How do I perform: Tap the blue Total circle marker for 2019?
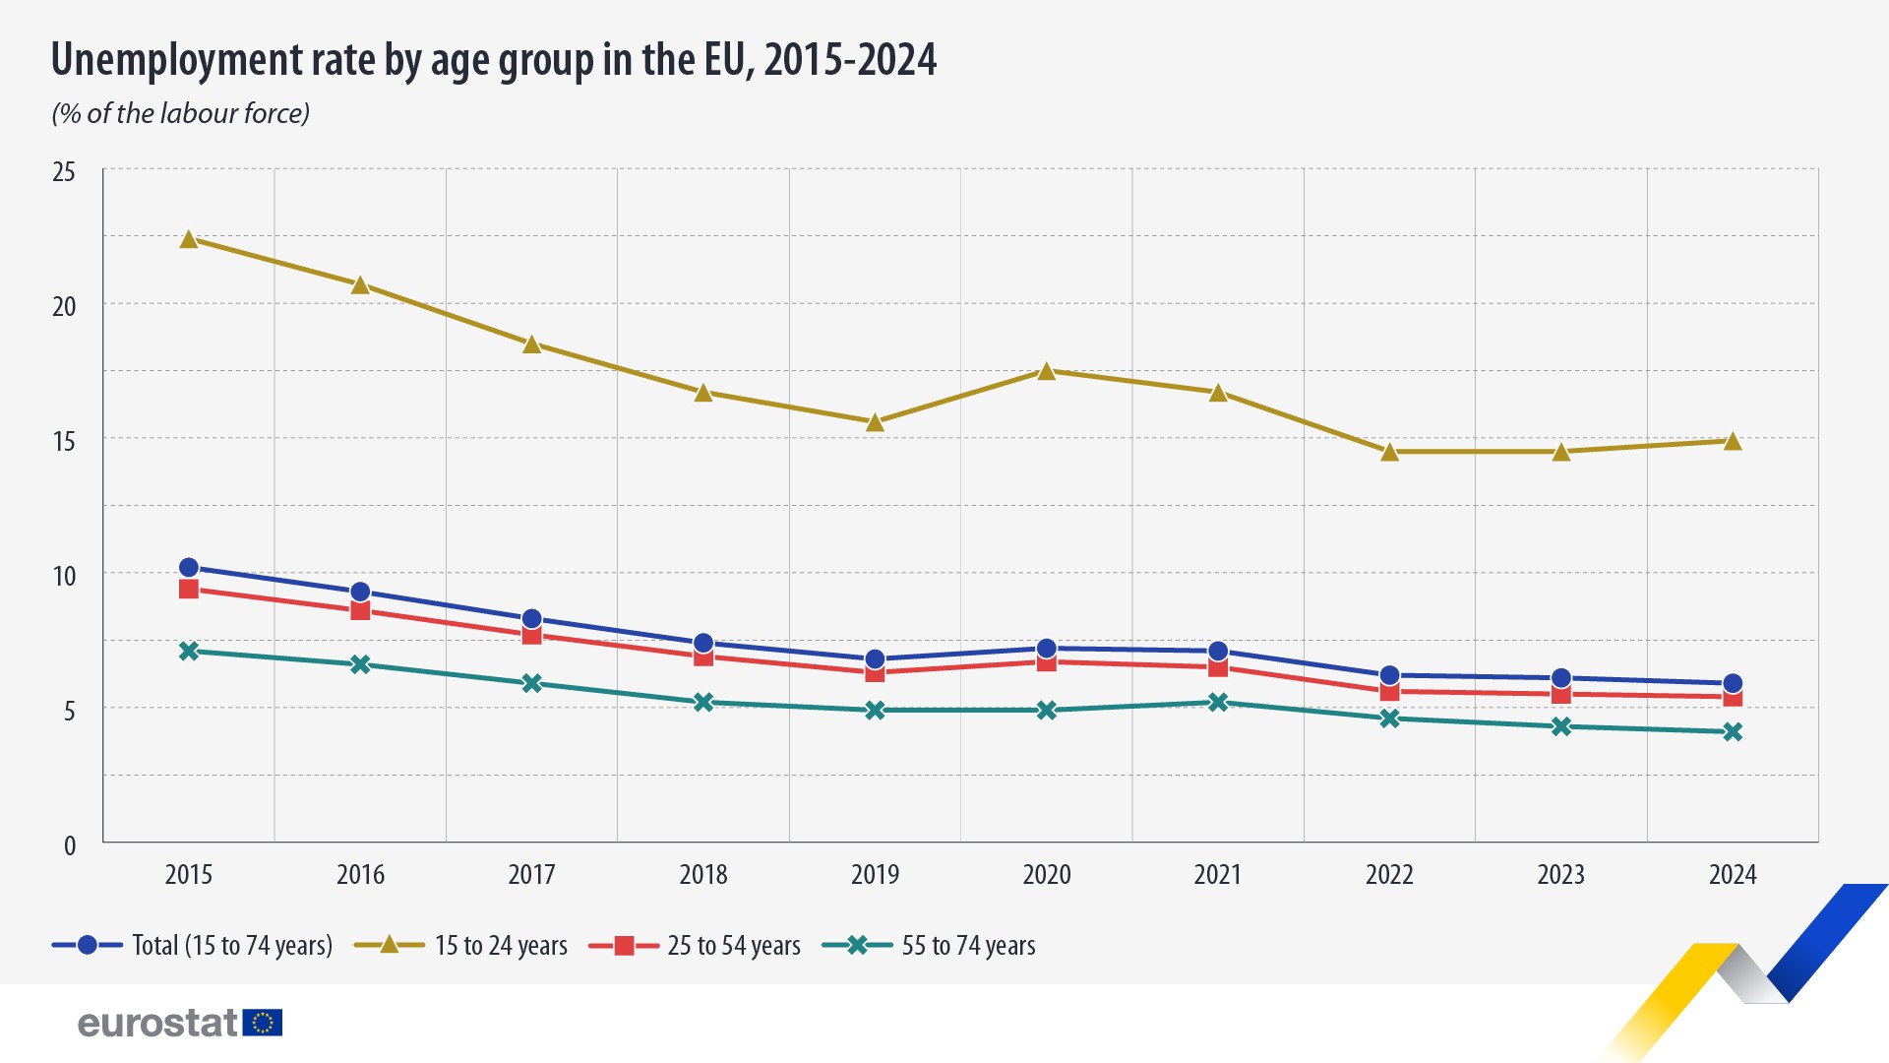point(875,659)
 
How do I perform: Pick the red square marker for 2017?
point(532,635)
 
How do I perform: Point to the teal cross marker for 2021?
point(1218,702)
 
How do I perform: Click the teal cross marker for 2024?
point(1733,732)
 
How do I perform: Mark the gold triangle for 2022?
point(1389,453)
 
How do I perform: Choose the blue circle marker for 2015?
point(189,568)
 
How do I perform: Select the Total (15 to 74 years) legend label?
point(232,946)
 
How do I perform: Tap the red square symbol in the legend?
point(624,946)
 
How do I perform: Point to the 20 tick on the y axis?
point(64,306)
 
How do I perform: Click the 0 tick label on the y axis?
point(69,845)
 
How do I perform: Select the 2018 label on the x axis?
point(703,874)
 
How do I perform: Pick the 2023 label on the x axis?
point(1560,874)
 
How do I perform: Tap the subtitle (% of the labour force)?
point(181,114)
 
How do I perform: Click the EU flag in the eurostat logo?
point(263,1023)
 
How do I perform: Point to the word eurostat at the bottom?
point(157,1024)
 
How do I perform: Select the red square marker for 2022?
point(1389,691)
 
